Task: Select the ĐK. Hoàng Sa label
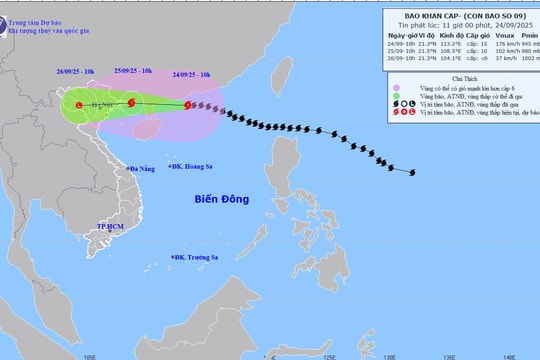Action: pyautogui.click(x=195, y=168)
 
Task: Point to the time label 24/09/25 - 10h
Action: pyautogui.click(x=190, y=73)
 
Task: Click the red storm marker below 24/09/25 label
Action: pyautogui.click(x=188, y=104)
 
